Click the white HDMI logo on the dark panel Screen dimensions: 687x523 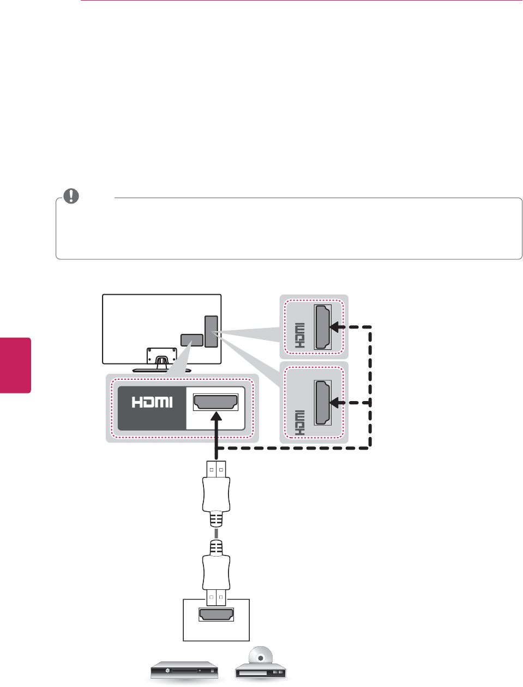152,402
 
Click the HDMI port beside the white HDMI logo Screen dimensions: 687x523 216,402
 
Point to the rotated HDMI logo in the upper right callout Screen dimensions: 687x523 299,336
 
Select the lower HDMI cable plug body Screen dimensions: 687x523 217,571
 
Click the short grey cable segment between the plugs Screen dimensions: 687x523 217,533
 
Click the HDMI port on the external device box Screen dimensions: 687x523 217,615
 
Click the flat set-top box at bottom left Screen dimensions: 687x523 184,670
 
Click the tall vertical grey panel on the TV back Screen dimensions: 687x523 211,331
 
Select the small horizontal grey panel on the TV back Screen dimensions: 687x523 191,340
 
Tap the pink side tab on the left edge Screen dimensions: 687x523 15,365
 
